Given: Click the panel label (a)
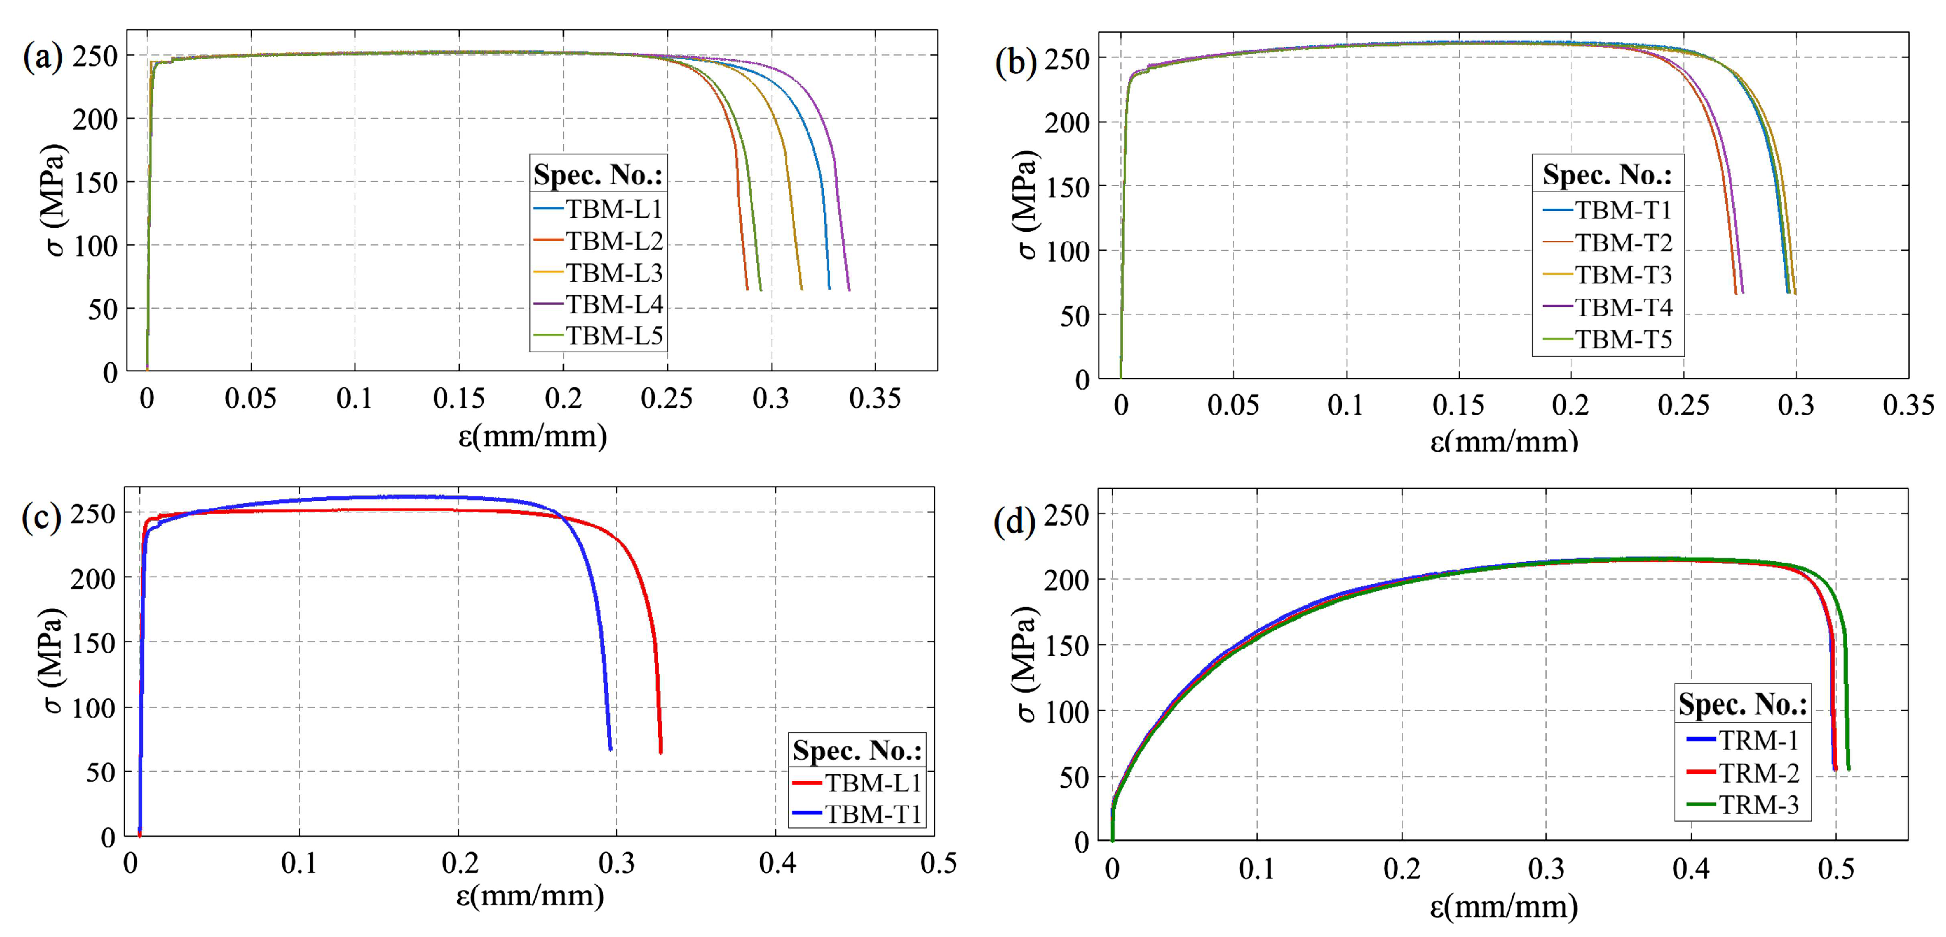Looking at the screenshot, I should click(x=42, y=58).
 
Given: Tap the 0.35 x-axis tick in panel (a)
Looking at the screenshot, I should click(x=875, y=398).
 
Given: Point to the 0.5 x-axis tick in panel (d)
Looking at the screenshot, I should click(x=1835, y=868).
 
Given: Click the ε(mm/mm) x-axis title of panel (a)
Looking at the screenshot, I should click(x=533, y=436).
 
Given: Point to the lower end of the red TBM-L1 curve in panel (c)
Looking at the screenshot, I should click(x=661, y=751).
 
